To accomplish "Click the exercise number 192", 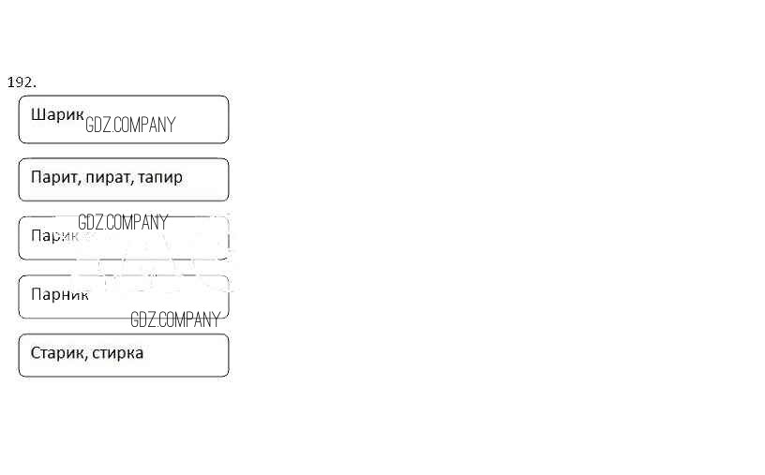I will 22,82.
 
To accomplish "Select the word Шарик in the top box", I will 57,115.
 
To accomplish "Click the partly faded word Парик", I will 53,236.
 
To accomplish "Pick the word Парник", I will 60,295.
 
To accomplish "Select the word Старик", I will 58,353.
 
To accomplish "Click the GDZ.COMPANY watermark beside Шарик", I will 130,125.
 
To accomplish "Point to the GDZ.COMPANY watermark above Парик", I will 123,223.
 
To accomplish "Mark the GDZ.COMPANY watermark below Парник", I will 175,319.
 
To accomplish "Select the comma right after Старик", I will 88,358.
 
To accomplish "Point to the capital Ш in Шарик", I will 37,115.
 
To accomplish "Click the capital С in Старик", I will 36,353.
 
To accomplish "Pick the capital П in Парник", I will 36,295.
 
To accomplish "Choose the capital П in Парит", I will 36,177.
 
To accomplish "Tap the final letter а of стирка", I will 139,354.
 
